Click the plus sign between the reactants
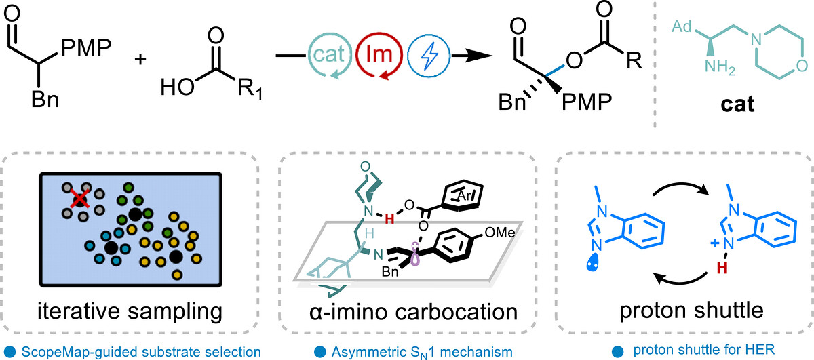point(140,59)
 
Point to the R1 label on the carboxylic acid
point(250,89)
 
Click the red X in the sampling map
point(80,199)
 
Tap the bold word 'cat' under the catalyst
point(737,104)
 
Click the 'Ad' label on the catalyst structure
point(681,26)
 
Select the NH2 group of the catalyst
point(720,68)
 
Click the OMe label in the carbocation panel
point(500,232)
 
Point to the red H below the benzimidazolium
point(722,268)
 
